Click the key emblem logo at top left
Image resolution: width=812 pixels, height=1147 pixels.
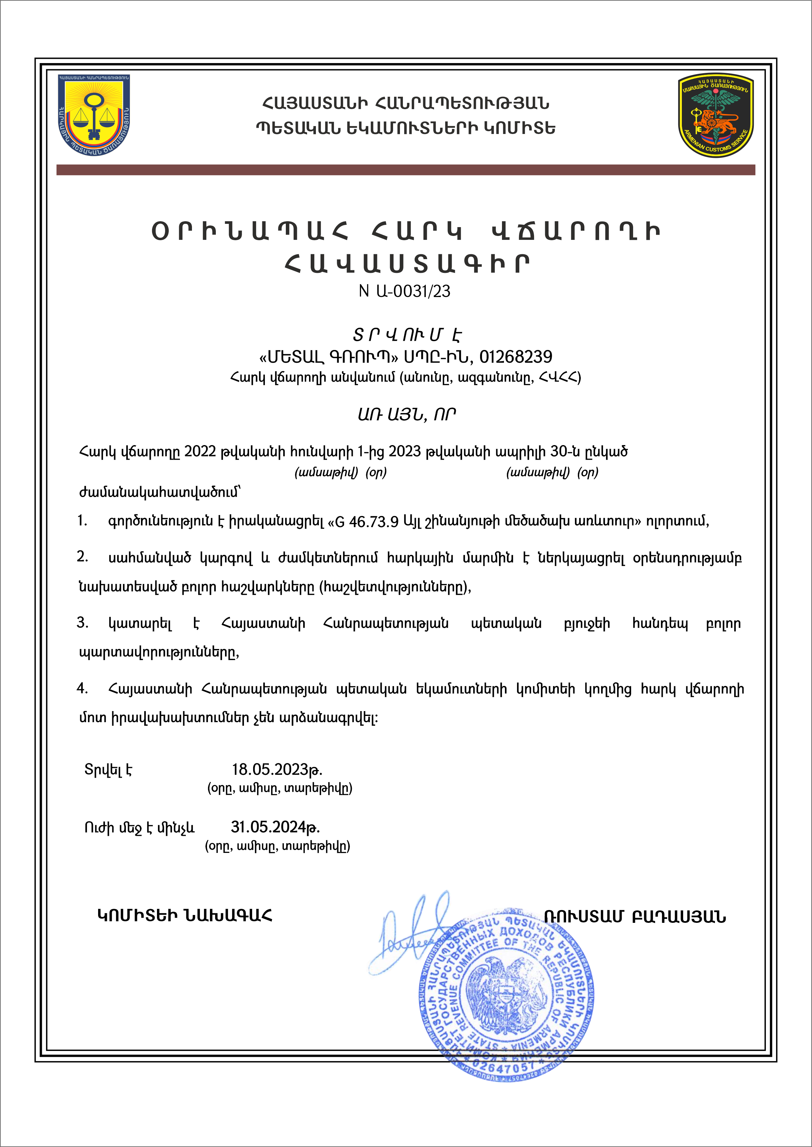coord(94,114)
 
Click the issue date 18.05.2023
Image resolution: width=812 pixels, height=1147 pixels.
coord(277,769)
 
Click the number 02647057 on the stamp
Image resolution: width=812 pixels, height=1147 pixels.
coord(504,1068)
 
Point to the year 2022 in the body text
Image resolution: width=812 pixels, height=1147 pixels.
coord(200,452)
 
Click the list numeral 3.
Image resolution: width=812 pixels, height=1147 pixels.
coord(82,623)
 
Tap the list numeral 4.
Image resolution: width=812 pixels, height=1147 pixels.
coord(82,689)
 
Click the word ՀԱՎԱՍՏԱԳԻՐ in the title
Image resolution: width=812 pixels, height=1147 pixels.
coord(406,264)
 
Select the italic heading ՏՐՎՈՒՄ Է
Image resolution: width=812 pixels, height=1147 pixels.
coord(406,334)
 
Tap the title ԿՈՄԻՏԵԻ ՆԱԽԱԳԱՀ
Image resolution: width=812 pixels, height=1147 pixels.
coord(184,916)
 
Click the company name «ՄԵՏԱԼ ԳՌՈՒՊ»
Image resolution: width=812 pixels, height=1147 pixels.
coord(325,357)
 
